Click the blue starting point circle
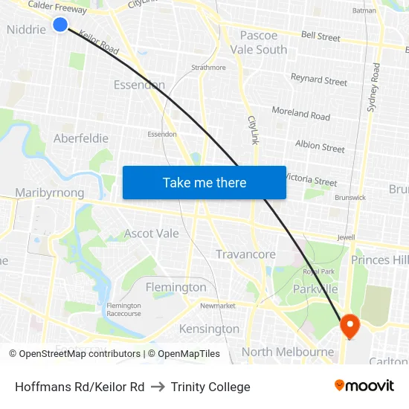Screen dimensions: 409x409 click(60, 25)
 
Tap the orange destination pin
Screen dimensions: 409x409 click(349, 325)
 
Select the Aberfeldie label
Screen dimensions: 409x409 click(81, 138)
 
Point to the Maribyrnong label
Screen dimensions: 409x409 click(50, 193)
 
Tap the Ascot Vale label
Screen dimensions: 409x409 click(152, 234)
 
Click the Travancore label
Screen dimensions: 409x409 click(245, 254)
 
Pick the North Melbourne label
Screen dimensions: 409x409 click(288, 352)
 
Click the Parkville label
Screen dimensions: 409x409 click(315, 289)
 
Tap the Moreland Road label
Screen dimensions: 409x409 click(301, 114)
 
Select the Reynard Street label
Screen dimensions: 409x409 click(319, 80)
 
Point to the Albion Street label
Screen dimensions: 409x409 click(320, 146)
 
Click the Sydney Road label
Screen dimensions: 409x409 click(374, 88)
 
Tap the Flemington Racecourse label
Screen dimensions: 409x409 click(123, 309)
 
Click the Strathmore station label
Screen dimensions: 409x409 click(208, 68)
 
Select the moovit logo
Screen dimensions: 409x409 click(364, 385)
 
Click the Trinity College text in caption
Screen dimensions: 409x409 click(210, 387)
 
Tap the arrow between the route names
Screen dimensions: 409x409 click(158, 387)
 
